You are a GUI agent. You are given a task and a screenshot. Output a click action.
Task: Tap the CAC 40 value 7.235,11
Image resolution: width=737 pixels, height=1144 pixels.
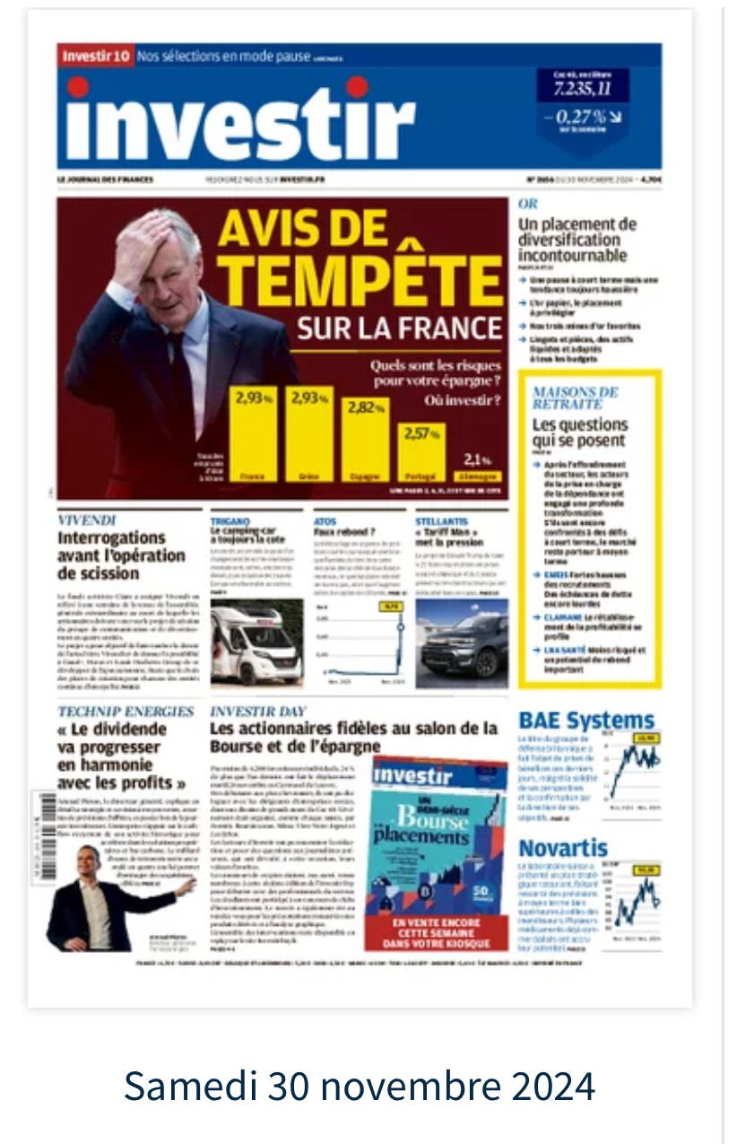[582, 87]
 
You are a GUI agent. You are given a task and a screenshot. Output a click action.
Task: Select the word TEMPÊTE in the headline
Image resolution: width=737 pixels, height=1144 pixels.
[360, 278]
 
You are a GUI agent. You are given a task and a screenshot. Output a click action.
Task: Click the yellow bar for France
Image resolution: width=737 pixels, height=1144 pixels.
[253, 434]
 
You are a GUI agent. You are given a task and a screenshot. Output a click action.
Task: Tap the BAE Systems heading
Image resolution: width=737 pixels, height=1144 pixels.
[586, 720]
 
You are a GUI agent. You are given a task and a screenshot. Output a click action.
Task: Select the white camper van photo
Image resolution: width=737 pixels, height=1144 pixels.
[256, 642]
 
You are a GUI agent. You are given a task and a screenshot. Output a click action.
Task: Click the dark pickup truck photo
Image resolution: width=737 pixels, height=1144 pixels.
[461, 643]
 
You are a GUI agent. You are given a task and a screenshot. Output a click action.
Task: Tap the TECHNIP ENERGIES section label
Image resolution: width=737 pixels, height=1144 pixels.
[126, 712]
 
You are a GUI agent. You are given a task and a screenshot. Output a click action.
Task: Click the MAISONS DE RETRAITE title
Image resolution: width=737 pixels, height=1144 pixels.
[575, 398]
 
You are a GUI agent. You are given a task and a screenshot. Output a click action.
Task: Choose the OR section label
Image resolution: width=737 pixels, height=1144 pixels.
[528, 205]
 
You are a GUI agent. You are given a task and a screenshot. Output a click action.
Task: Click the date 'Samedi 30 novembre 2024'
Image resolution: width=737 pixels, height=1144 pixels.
[360, 1086]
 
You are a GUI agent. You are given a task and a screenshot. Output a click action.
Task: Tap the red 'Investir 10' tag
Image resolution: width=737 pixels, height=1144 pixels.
[95, 57]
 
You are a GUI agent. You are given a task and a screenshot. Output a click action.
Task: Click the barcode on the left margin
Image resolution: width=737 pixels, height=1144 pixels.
[43, 834]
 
